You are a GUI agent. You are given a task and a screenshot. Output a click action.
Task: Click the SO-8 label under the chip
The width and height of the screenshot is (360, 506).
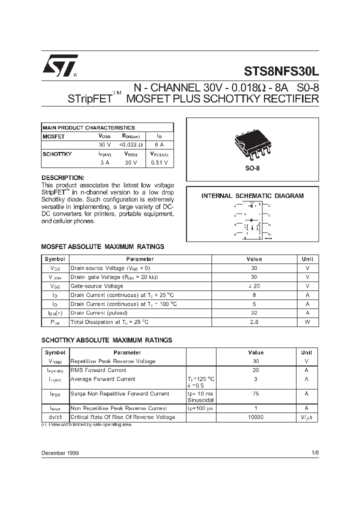252,168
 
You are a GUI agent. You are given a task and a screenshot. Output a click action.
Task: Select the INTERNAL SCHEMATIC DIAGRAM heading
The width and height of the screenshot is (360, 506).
252,196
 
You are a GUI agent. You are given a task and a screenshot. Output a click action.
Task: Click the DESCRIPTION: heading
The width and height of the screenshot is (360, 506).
62,178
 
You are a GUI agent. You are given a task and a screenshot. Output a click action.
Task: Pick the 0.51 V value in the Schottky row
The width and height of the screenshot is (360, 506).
159,162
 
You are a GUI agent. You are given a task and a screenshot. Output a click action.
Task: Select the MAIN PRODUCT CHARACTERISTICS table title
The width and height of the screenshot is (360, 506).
88,127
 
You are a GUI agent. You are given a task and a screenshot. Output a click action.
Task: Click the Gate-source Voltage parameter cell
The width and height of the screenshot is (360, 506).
96,286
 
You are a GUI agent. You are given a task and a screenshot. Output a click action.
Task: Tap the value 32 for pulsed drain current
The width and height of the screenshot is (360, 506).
254,313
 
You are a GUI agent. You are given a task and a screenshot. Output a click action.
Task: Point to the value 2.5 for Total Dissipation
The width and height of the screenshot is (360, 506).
254,322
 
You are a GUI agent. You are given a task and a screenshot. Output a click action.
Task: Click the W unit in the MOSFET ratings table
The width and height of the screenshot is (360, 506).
307,322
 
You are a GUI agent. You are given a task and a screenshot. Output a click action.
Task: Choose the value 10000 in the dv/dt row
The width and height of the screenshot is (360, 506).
255,417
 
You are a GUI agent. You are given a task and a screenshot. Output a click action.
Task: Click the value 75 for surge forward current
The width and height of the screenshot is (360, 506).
255,393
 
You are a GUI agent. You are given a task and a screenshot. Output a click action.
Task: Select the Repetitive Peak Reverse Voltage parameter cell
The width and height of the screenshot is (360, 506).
112,361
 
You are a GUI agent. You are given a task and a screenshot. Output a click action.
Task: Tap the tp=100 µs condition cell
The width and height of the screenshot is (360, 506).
200,408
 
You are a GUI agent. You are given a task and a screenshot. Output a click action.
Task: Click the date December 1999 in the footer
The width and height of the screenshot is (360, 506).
59,453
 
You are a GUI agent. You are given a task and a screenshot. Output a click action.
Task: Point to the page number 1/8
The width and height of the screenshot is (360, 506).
314,453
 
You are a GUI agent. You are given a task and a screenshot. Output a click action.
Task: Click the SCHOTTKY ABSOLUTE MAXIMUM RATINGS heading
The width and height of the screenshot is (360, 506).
106,340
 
